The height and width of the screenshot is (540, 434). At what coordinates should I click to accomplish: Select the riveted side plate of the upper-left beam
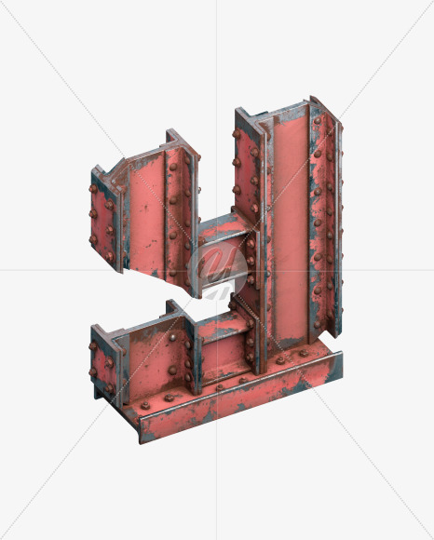click(x=103, y=221)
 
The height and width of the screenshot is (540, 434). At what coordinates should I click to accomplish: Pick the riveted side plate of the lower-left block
click(x=102, y=364)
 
